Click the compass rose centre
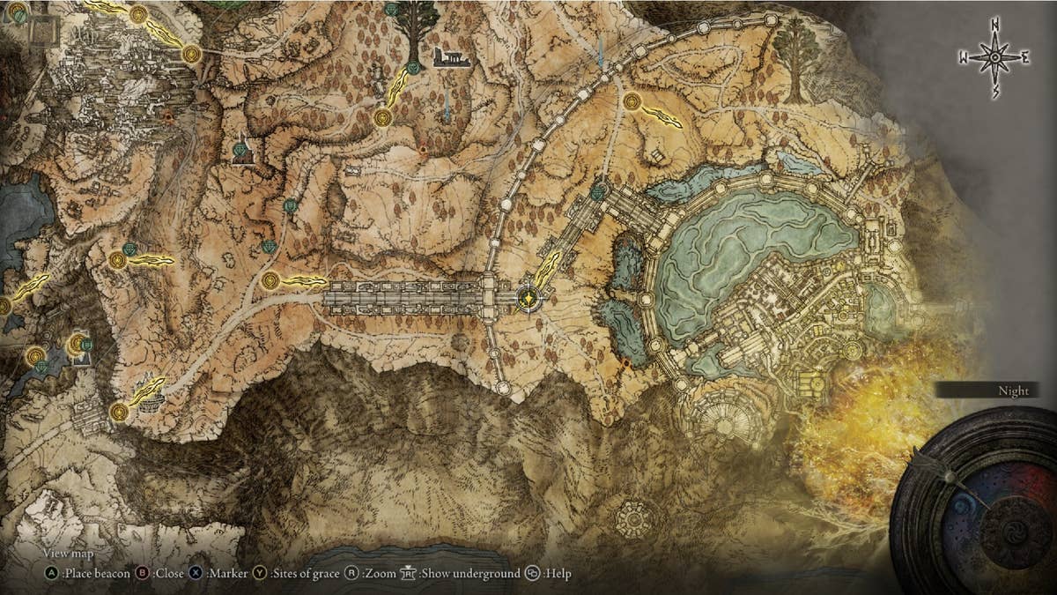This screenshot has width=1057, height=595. tap(995, 57)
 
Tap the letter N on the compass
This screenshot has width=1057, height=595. tap(995, 24)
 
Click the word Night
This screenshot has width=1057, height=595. tap(1013, 390)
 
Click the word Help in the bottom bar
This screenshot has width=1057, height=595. tap(558, 574)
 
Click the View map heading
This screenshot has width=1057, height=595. tap(69, 554)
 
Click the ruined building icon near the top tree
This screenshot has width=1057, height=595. tap(450, 58)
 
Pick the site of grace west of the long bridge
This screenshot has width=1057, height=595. tap(270, 281)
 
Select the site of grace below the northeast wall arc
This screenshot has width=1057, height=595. tap(632, 101)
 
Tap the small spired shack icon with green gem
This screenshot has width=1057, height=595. tap(243, 152)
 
